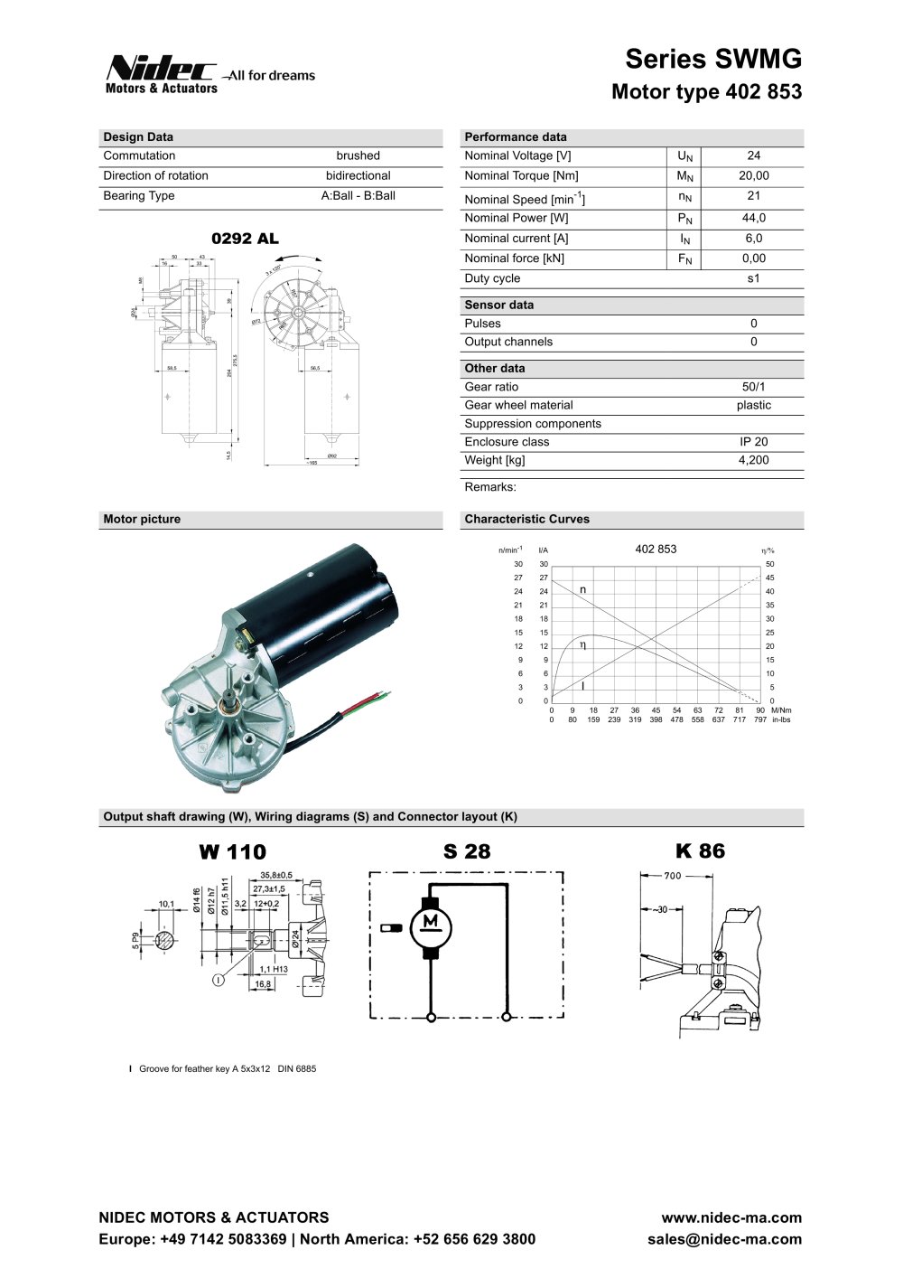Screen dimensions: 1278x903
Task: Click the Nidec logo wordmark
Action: coord(161,69)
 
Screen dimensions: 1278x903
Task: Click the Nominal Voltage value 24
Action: coord(754,155)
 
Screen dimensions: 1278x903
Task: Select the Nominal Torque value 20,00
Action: coord(754,175)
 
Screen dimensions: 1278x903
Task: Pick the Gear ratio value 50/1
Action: coord(754,387)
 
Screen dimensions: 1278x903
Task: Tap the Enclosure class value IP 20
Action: coord(754,442)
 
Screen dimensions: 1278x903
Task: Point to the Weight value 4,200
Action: coord(754,460)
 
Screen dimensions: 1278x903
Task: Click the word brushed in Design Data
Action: coord(358,155)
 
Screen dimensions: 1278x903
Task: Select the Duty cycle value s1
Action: coord(754,278)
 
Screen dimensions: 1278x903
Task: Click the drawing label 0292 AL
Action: coord(245,240)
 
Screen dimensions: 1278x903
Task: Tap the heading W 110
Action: coord(233,852)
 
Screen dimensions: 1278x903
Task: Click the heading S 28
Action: coord(467,851)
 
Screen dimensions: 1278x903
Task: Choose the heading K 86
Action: coord(700,851)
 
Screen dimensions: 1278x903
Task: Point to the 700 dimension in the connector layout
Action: coord(673,876)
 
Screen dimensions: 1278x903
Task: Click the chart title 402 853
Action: coord(656,550)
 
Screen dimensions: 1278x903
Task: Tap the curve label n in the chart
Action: coord(583,589)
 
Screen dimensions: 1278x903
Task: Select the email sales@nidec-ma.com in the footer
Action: coord(724,1239)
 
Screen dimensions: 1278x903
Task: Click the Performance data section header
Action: coord(516,137)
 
